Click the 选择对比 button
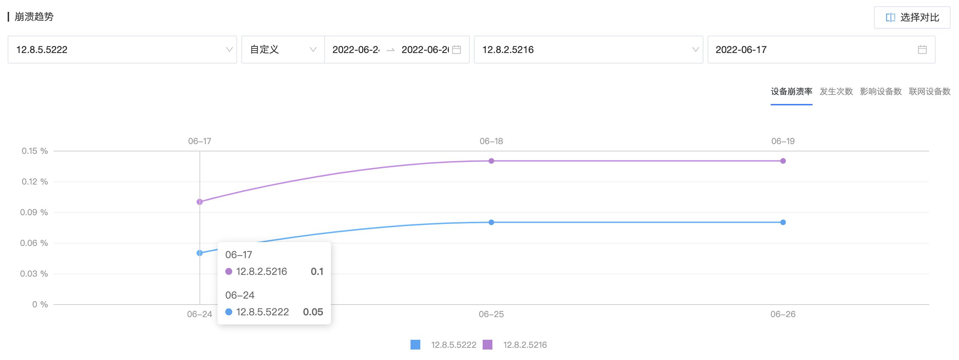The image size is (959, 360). (x=912, y=17)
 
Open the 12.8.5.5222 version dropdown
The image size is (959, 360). (x=122, y=50)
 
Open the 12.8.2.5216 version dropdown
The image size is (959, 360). (x=588, y=50)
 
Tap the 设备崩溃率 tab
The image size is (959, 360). (x=791, y=92)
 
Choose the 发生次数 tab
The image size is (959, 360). (x=836, y=92)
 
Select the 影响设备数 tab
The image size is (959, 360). (x=881, y=92)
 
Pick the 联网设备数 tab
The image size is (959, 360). (x=930, y=92)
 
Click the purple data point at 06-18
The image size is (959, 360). (x=491, y=161)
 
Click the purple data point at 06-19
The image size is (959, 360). (x=783, y=161)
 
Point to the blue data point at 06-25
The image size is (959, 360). (x=491, y=222)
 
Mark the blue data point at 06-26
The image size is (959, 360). (x=783, y=222)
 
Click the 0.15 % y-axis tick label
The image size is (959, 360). (x=35, y=151)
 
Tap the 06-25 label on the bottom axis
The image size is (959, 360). (x=491, y=314)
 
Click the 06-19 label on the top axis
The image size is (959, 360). (x=783, y=141)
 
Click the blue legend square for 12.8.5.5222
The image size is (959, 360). (x=415, y=345)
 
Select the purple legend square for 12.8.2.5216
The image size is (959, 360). (x=487, y=345)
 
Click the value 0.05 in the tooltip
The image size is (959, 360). (x=313, y=312)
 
